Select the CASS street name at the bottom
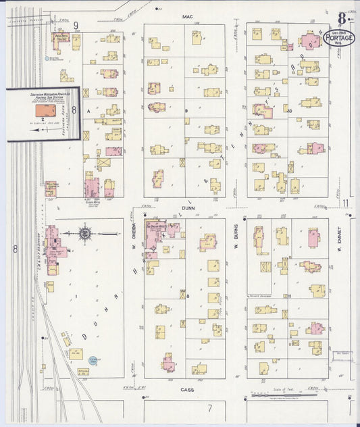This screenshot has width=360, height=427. click(187, 390)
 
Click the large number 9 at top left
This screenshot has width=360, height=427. click(77, 26)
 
